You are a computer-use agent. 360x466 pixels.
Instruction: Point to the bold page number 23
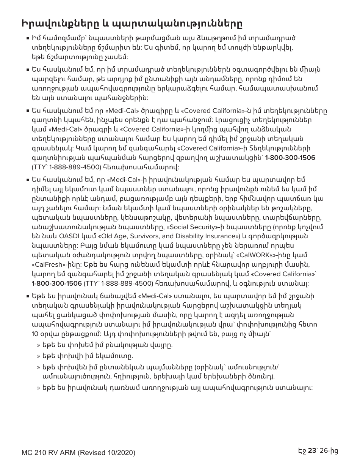point(311,450)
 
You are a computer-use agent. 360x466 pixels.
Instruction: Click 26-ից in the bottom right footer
point(329,450)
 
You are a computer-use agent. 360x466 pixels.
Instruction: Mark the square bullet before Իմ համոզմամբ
point(28,39)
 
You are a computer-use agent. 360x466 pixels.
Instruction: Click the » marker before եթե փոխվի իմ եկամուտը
point(38,356)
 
